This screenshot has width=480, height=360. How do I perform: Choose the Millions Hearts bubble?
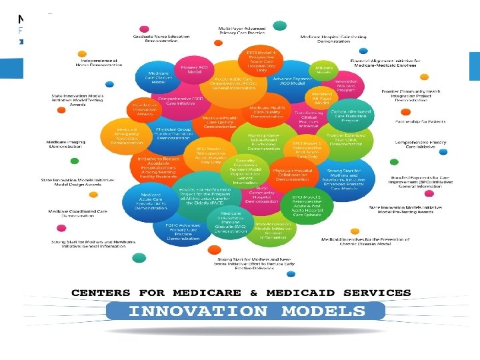(x=324, y=70)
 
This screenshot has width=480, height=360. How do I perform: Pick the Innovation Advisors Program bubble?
(x=346, y=84)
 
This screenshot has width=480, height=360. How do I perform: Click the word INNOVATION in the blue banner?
(x=197, y=311)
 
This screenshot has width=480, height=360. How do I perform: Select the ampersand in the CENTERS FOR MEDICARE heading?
(x=253, y=293)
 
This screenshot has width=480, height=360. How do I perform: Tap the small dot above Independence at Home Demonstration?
(x=81, y=53)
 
